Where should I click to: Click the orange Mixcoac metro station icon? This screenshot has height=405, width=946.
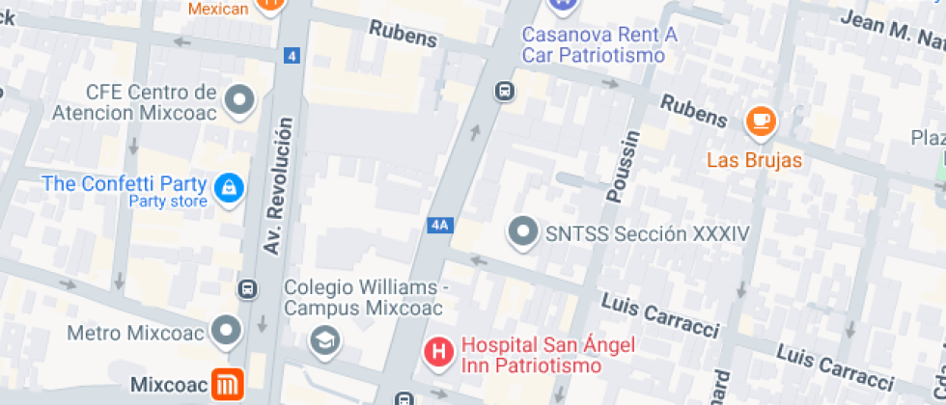pos(229,386)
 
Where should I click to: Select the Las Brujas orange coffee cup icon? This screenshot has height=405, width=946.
pos(761,121)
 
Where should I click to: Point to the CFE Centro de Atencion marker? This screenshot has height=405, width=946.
pos(238,99)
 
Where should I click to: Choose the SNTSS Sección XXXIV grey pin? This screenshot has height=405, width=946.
pos(523,232)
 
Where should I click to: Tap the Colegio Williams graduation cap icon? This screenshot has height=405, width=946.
pos(324,339)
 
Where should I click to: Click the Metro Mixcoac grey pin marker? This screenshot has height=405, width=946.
pos(228,331)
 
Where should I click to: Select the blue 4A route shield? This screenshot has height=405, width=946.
pos(440,225)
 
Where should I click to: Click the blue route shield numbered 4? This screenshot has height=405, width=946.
pos(292,56)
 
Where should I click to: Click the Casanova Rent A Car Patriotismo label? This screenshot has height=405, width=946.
pos(598,44)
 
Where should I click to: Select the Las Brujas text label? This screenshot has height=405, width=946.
pos(754,160)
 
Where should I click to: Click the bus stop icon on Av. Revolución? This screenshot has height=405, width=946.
pos(248,288)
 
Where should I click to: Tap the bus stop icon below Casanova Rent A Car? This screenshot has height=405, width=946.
pos(503,92)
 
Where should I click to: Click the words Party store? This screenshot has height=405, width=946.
pos(168,202)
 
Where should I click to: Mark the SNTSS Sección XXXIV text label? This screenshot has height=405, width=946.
pos(633,233)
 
